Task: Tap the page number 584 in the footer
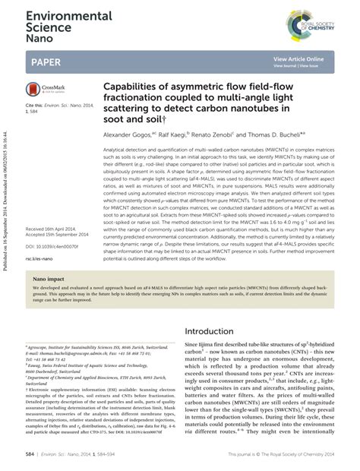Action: pyautogui.click(x=30, y=455)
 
